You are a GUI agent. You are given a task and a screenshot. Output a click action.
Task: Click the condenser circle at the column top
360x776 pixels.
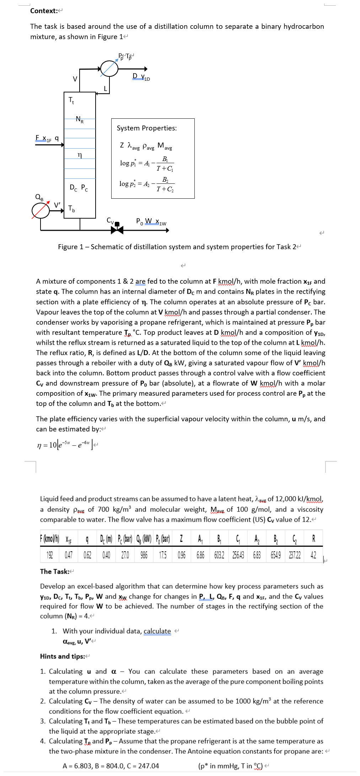point(109,69)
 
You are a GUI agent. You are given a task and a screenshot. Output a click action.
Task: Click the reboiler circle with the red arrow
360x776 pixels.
point(41,210)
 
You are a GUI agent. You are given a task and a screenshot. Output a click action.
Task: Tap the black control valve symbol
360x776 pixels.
point(117,230)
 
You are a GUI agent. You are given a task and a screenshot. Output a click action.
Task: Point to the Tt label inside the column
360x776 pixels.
point(71,100)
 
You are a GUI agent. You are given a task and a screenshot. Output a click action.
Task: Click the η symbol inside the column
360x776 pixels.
point(80,155)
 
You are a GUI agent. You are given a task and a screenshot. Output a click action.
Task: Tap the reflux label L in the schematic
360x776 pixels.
point(105,88)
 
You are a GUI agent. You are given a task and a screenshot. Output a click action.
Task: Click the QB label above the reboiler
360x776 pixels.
point(39,197)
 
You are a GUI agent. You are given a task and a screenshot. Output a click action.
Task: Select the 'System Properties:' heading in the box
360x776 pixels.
point(146,128)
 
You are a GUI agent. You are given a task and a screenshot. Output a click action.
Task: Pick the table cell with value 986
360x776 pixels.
point(144,555)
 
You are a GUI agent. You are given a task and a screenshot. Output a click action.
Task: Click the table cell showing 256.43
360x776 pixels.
point(238,555)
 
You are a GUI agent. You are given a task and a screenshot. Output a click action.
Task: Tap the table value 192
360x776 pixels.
point(50,555)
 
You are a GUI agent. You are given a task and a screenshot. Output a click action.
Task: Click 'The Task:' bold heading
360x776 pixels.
point(54,571)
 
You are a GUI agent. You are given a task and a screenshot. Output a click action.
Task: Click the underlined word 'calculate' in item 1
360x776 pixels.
point(157,631)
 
